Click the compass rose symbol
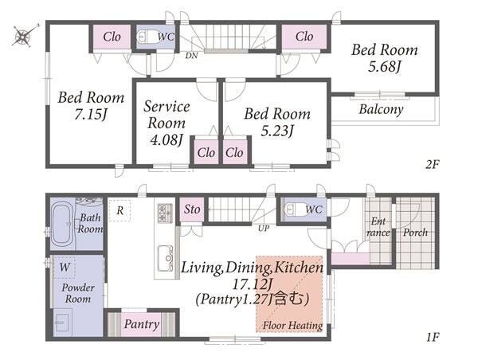click(24, 36)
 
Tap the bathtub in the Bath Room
click(62, 223)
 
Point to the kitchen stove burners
click(165, 213)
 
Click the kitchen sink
click(165, 258)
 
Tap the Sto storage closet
click(192, 209)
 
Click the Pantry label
click(142, 324)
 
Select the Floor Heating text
click(292, 325)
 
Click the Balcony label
click(381, 109)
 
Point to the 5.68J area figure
click(384, 66)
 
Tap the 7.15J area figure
click(91, 114)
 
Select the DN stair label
click(191, 56)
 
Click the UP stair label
click(264, 228)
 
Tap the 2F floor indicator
click(433, 165)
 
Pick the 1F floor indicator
click(433, 337)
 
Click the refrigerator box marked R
click(119, 210)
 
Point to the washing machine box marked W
click(65, 268)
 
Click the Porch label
click(415, 233)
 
